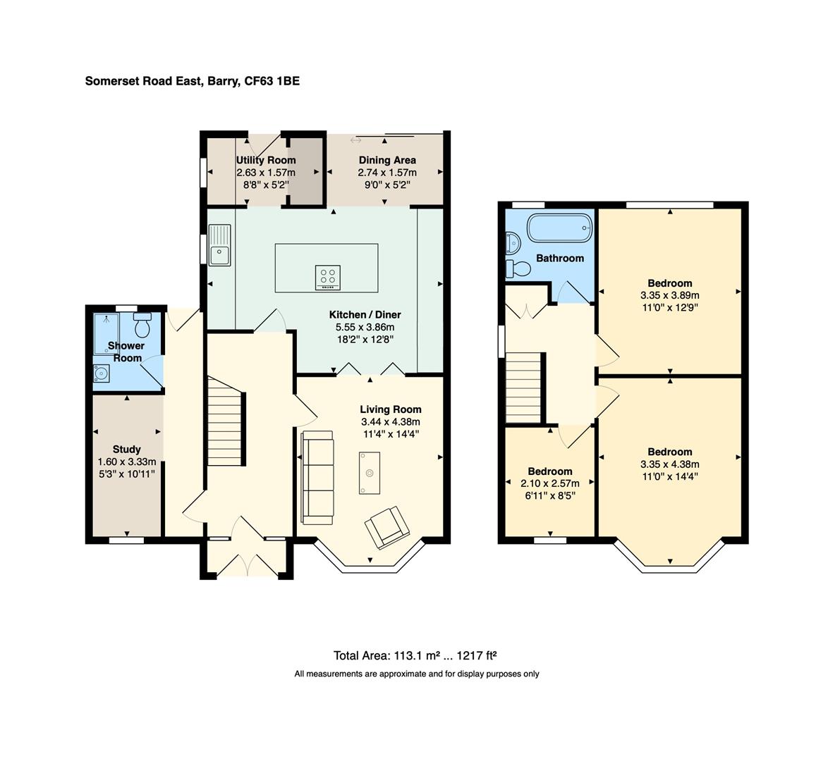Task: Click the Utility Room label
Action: click(x=266, y=160)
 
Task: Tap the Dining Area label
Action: click(x=387, y=160)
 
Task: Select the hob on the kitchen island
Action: click(x=327, y=278)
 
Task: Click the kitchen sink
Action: click(x=219, y=245)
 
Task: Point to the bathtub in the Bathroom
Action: click(x=560, y=228)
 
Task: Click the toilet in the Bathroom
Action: click(x=518, y=268)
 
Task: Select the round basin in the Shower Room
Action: click(x=101, y=373)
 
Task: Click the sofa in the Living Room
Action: click(x=317, y=478)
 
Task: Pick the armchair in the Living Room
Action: click(x=387, y=526)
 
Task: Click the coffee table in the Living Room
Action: click(x=369, y=473)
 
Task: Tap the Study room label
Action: click(x=127, y=449)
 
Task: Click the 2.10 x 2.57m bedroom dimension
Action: click(x=549, y=483)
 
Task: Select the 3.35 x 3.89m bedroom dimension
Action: click(x=669, y=295)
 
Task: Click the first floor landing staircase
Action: click(x=524, y=388)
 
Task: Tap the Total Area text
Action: click(x=415, y=655)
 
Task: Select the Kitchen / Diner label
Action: click(x=365, y=314)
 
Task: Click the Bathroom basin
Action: click(x=513, y=242)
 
